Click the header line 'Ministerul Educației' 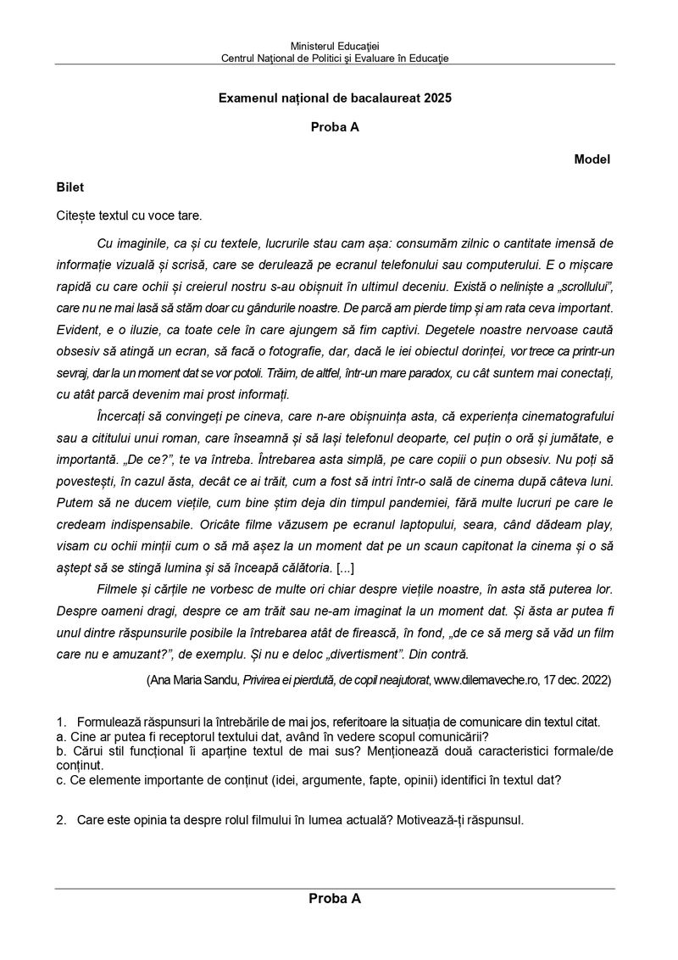[335, 45]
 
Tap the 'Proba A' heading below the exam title [335, 128]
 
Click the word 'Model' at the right [592, 159]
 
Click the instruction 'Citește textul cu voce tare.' [129, 215]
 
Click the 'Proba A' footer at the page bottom [335, 899]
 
